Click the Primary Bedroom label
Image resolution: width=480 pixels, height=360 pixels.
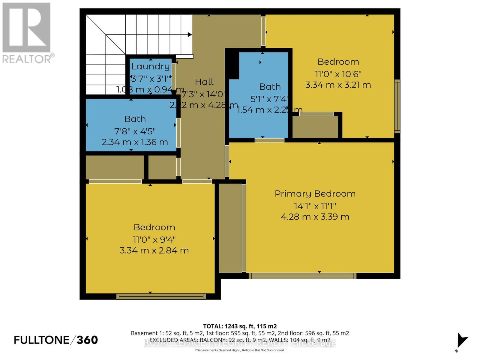point(315,194)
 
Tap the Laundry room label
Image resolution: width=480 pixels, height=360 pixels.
point(150,66)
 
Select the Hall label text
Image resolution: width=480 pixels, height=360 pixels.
point(204,82)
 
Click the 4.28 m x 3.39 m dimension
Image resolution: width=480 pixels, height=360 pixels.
point(315,217)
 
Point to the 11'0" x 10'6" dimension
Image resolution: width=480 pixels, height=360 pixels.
point(338,74)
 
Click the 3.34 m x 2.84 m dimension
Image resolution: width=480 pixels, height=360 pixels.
point(154,250)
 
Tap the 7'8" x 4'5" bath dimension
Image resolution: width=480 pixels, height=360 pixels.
point(135,131)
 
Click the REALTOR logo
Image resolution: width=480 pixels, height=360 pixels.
point(27,33)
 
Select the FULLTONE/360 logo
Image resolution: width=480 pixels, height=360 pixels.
point(56,340)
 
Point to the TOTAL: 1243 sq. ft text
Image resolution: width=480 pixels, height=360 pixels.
point(240,326)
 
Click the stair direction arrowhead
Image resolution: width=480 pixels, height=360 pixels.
point(189,34)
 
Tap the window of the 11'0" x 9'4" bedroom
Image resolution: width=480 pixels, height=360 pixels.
point(161,296)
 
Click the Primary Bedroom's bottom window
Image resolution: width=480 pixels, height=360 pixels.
point(302,276)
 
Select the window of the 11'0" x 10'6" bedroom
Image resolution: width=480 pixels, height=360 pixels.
point(397,106)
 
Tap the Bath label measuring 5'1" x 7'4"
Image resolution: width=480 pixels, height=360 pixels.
point(270,87)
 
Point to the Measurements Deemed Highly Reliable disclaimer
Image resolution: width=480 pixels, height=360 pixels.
point(240,350)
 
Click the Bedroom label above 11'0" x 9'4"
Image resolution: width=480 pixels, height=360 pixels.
point(154,227)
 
